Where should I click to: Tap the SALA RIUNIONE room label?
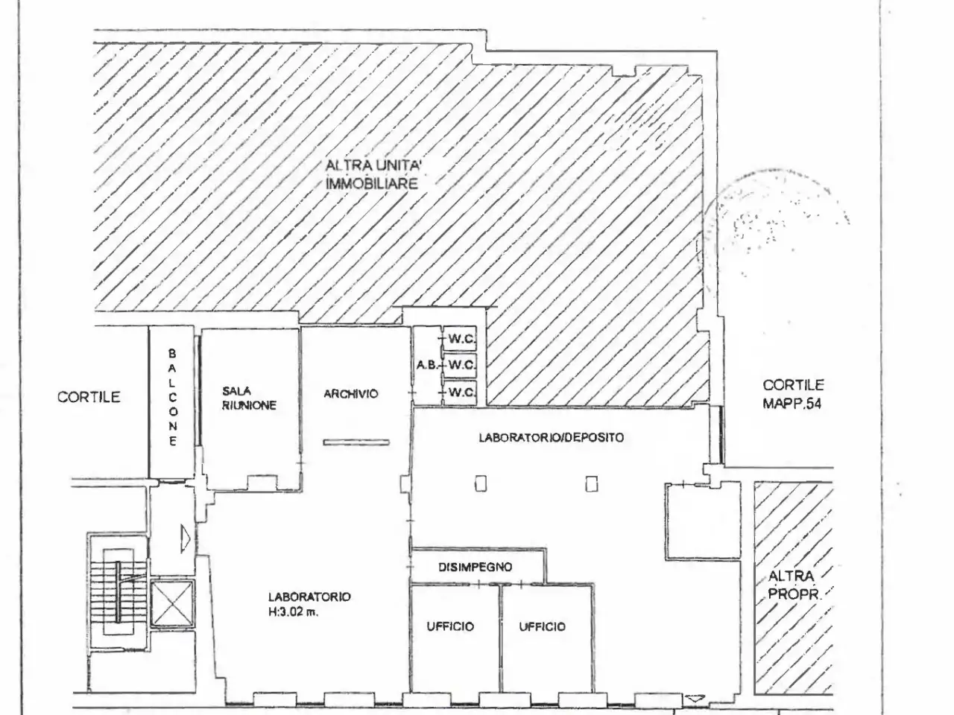tap(249, 398)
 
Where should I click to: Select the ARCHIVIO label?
tap(351, 394)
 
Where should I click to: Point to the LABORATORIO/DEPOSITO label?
tap(551, 438)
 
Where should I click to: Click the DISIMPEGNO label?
tap(475, 567)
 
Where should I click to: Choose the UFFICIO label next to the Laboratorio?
tap(450, 626)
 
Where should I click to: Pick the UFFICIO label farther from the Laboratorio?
tap(542, 626)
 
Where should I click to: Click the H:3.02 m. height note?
tap(293, 612)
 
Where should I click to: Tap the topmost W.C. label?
tap(461, 339)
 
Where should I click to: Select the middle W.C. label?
tap(461, 365)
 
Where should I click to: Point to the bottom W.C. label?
tap(461, 393)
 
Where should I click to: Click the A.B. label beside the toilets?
tap(427, 365)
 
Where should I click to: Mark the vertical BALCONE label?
tap(173, 397)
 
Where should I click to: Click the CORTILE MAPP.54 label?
tap(793, 394)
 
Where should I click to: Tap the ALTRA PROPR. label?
tap(792, 585)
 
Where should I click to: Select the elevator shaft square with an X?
tap(171, 603)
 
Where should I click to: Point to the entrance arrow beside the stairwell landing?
tap(186, 538)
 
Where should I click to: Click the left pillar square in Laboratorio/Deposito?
tap(480, 483)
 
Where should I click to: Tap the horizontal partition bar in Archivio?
tap(356, 442)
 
